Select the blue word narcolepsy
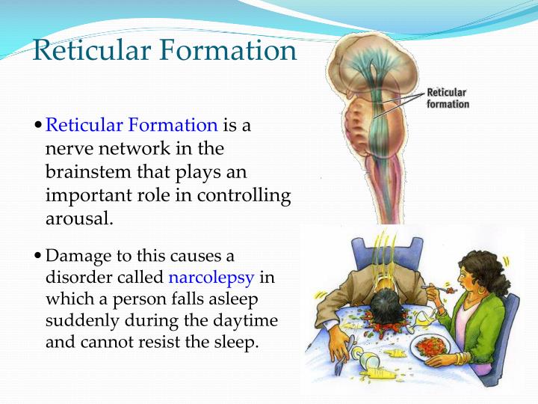[212, 278]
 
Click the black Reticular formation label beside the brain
[448, 99]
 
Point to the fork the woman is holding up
[436, 286]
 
